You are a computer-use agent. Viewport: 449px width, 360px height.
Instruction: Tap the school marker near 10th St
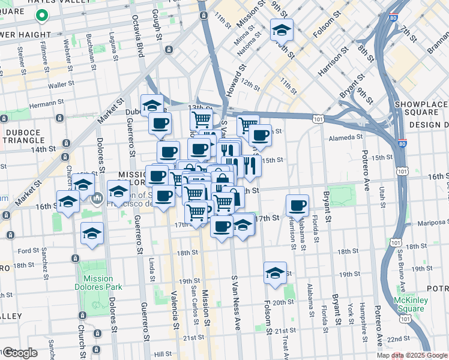pyautogui.click(x=281, y=29)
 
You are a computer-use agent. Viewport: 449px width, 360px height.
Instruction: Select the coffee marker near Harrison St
pyautogui.click(x=297, y=206)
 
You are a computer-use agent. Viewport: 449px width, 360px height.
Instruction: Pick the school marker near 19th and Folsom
pyautogui.click(x=274, y=273)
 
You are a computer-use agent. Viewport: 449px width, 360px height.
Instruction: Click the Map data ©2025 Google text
pyautogui.click(x=411, y=355)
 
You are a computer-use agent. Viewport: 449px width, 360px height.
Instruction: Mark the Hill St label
pyautogui.click(x=162, y=355)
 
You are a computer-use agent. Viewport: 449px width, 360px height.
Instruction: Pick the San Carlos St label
pyautogui.click(x=193, y=296)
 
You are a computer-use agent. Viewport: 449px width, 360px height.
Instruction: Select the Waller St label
pyautogui.click(x=60, y=85)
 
